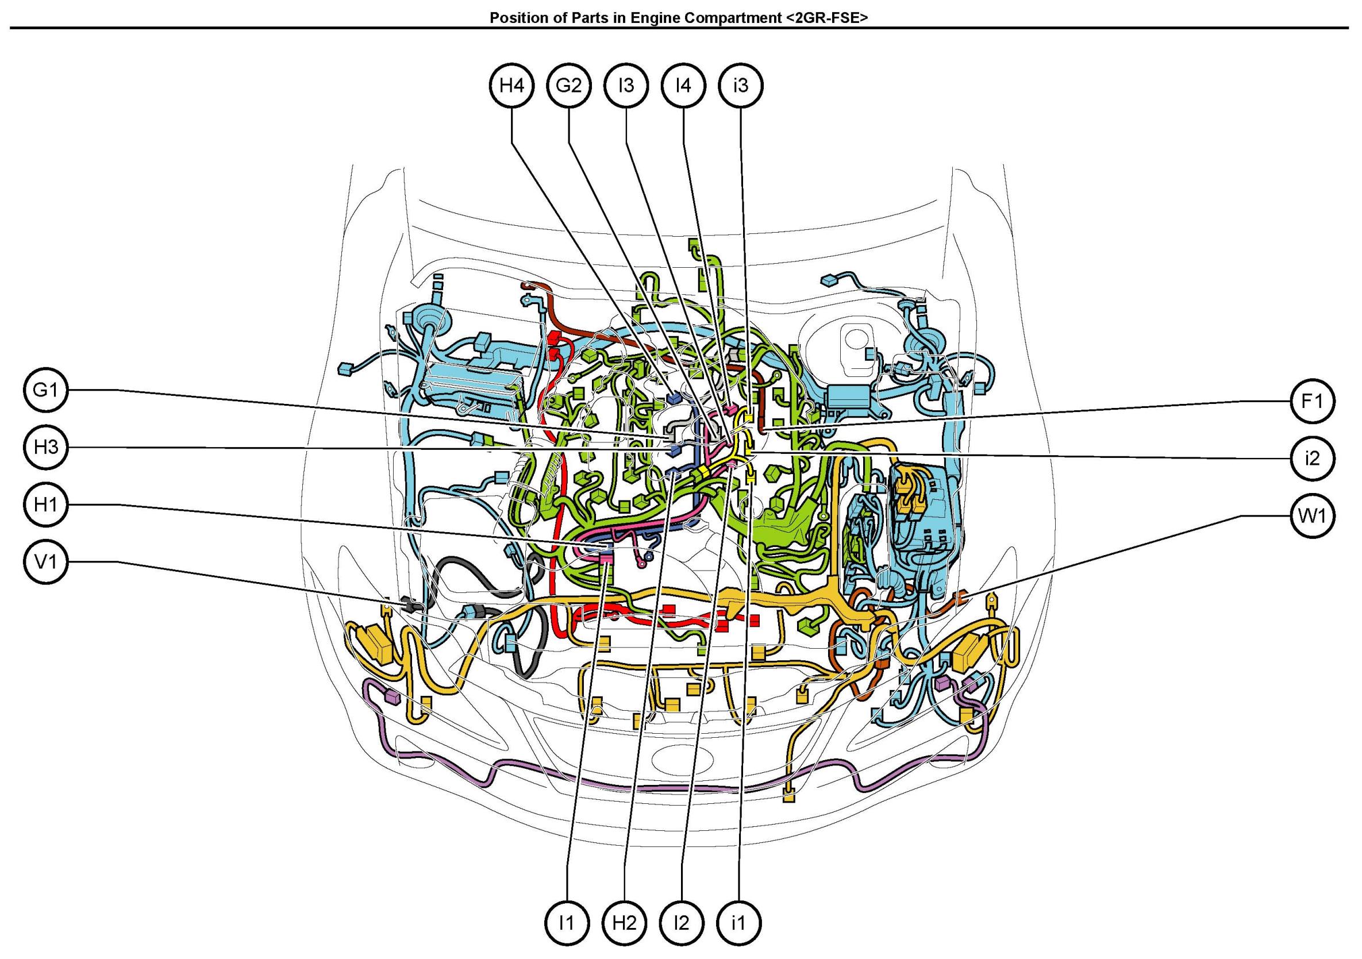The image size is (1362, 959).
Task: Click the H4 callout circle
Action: (511, 86)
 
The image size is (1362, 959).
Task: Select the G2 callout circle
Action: (568, 86)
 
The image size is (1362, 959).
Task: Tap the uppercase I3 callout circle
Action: (626, 86)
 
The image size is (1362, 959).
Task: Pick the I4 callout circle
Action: (683, 86)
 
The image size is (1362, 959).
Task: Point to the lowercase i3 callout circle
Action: (741, 86)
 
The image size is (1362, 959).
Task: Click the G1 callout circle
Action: (47, 390)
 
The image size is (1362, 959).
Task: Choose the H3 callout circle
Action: (47, 447)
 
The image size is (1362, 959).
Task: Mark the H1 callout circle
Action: (47, 504)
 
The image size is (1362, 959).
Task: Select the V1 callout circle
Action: (47, 561)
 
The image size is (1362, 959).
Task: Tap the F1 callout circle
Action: (1312, 402)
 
